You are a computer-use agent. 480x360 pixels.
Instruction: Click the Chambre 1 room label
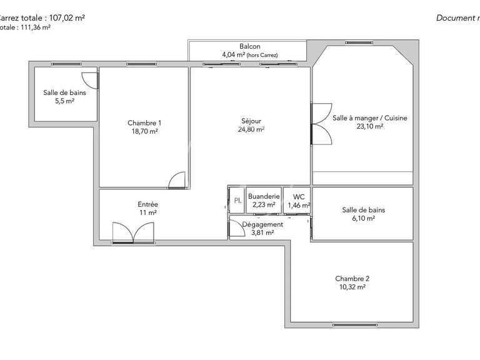(x=144, y=122)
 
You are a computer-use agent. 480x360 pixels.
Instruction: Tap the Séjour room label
(x=251, y=121)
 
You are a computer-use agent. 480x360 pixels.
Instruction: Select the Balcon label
(x=249, y=47)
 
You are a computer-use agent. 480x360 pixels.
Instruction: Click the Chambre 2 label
(x=352, y=279)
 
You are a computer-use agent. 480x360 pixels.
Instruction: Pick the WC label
(x=299, y=196)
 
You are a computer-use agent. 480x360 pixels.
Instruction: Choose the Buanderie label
(x=264, y=196)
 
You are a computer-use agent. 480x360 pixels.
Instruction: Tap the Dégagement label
(x=262, y=224)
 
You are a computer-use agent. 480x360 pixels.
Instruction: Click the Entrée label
(x=147, y=204)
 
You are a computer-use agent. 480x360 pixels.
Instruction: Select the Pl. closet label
(x=237, y=201)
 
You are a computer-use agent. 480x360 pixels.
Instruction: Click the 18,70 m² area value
(x=144, y=131)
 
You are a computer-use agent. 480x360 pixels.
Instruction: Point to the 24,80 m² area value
(x=251, y=129)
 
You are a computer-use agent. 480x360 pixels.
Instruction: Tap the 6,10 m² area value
(x=363, y=219)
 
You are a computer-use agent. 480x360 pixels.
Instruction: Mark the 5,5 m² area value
(x=64, y=101)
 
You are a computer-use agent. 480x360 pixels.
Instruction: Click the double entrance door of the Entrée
(x=133, y=234)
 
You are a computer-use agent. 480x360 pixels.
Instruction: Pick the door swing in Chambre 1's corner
(x=177, y=179)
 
